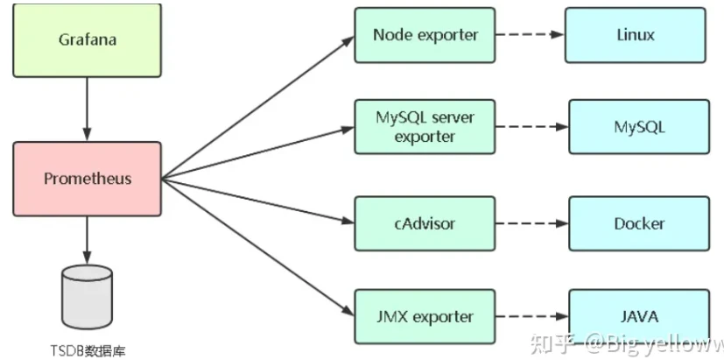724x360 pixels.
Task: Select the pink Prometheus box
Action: [x=87, y=179]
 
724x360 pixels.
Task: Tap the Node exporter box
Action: [x=425, y=36]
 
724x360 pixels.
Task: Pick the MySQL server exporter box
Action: [x=425, y=128]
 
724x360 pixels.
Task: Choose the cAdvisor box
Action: [x=425, y=223]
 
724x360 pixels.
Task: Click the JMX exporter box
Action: [x=425, y=315]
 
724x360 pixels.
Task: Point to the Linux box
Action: [x=635, y=36]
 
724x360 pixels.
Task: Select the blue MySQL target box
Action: [x=640, y=128]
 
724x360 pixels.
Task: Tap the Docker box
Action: [x=640, y=223]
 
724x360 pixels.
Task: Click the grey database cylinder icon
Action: [x=87, y=296]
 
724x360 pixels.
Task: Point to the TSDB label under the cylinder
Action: [x=87, y=351]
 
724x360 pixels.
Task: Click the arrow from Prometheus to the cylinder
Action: [x=87, y=238]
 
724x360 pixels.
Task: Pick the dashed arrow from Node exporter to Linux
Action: [x=531, y=36]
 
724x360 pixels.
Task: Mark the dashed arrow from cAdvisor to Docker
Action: [x=532, y=223]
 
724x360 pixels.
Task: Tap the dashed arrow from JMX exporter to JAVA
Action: [x=532, y=315]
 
